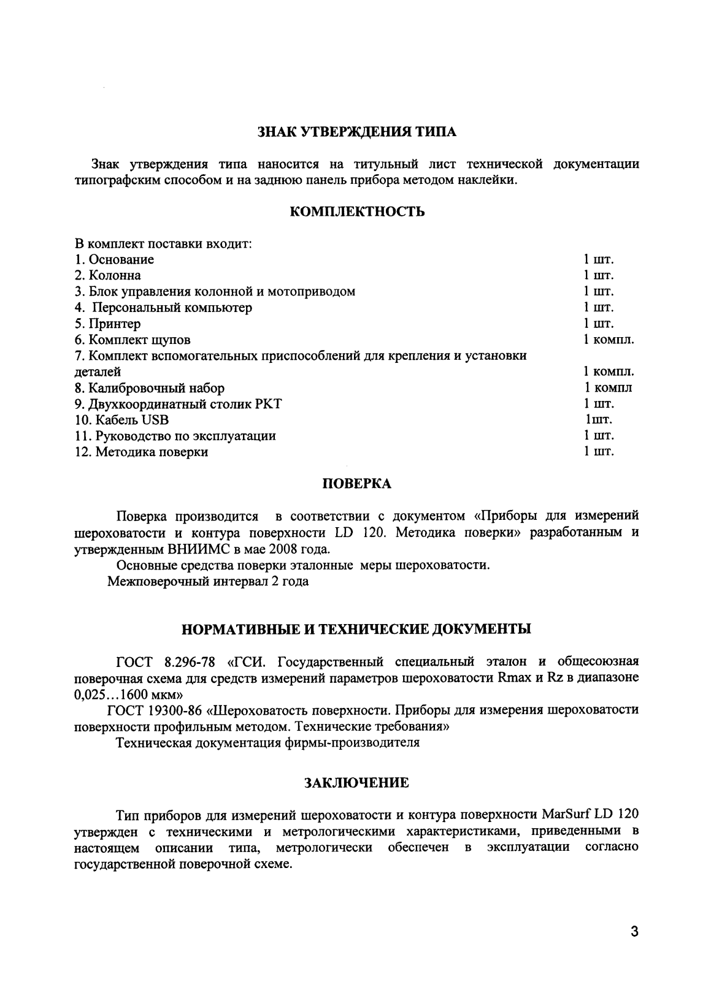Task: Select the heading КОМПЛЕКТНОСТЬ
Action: [x=356, y=212]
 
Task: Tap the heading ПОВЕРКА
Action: [x=356, y=484]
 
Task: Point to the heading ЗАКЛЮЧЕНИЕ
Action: [x=356, y=783]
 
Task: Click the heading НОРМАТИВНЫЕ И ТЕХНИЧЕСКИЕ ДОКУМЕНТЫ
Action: [x=356, y=630]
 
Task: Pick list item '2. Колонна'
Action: [x=107, y=275]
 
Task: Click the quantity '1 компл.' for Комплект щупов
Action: [x=609, y=340]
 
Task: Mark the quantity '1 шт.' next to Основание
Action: [x=599, y=259]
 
